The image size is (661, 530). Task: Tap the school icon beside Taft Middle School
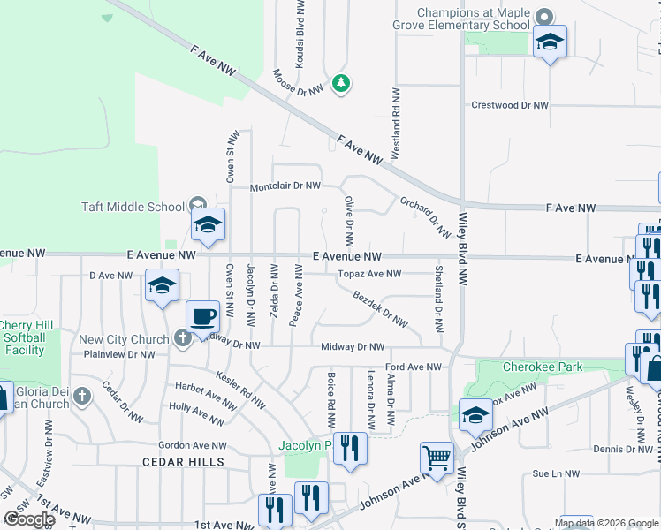[208, 224]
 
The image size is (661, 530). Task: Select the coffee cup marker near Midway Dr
[202, 315]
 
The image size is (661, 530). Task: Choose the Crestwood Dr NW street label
[510, 105]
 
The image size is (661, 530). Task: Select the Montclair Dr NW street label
[285, 186]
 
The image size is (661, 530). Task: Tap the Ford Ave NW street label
[413, 367]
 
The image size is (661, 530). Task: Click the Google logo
[29, 519]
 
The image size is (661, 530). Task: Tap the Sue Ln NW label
[555, 473]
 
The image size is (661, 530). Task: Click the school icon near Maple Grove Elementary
[550, 42]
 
